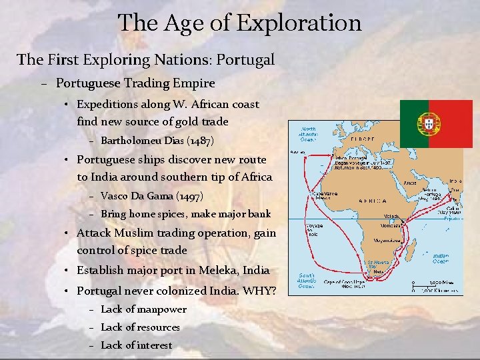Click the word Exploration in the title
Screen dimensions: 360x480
(x=298, y=23)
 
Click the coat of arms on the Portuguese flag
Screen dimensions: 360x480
(x=429, y=122)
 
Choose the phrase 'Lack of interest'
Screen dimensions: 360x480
(x=136, y=345)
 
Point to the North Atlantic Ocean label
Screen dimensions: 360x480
(x=309, y=134)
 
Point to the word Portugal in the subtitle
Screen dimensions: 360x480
(x=245, y=59)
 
